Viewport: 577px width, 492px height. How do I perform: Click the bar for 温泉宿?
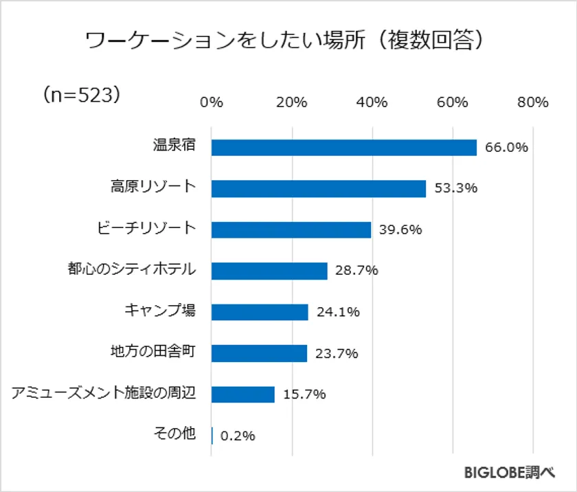coord(343,148)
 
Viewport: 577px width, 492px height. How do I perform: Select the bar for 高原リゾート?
coord(318,188)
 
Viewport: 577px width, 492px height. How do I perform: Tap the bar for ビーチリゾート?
coord(291,230)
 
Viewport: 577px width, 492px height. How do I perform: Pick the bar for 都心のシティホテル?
coord(269,271)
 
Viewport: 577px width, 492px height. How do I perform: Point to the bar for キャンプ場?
coord(260,312)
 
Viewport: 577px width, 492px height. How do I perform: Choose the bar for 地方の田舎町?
coord(259,353)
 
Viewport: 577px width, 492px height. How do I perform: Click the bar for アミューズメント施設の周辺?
coord(242,394)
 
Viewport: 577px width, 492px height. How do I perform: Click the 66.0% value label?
coord(506,147)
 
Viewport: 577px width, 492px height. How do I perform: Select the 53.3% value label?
coord(455,188)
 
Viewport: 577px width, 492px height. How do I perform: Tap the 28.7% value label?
coord(357,270)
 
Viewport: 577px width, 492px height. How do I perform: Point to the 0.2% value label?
coord(238,435)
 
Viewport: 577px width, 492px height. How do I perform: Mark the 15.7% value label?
coord(304,394)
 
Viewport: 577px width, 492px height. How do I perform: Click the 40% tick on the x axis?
coord(372,102)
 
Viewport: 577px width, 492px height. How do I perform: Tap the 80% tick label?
coord(532,102)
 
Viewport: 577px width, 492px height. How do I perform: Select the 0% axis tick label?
coord(212,102)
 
